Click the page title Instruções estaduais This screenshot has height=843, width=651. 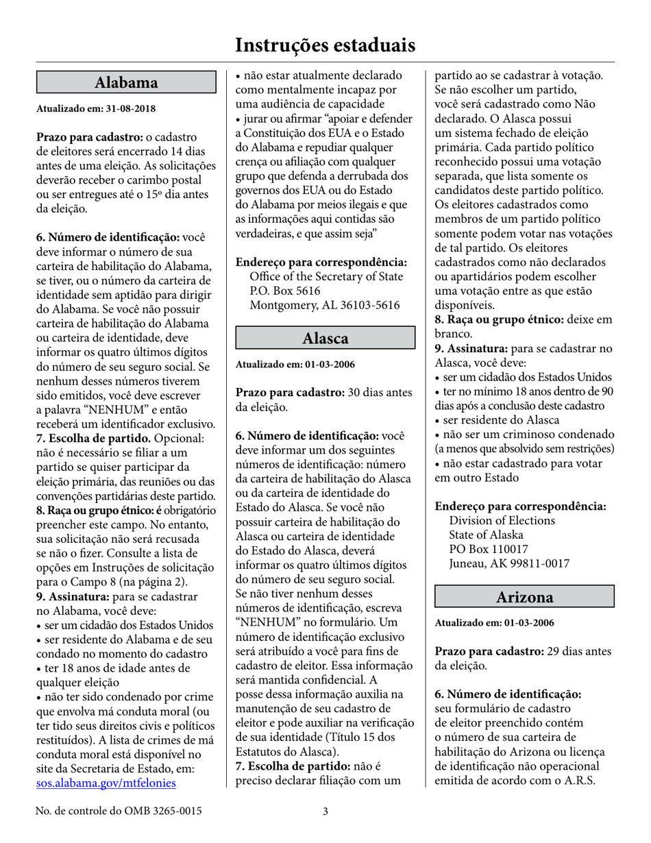click(x=325, y=45)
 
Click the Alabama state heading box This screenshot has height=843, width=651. click(x=126, y=83)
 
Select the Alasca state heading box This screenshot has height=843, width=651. click(x=325, y=338)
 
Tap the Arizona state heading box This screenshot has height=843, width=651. click(x=524, y=597)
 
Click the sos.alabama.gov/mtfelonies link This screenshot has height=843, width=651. click(x=106, y=783)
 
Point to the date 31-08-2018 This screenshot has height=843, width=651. click(x=130, y=109)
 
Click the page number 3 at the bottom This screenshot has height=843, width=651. click(x=325, y=811)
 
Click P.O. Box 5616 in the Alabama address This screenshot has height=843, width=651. click(x=285, y=291)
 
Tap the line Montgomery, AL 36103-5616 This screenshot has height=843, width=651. click(x=325, y=305)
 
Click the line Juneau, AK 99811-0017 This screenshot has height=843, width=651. click(x=509, y=563)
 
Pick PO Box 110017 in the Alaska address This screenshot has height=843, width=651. click(x=489, y=549)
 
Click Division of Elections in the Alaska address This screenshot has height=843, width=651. click(x=502, y=520)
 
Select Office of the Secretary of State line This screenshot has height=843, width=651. click(x=326, y=276)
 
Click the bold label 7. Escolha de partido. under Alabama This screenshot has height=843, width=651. click(x=94, y=438)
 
